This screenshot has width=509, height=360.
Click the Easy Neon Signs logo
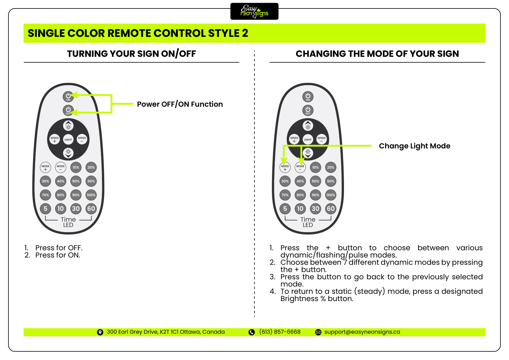[254, 11]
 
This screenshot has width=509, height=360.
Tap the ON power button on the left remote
[68, 96]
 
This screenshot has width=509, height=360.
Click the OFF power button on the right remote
[308, 110]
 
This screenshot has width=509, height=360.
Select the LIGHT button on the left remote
[68, 139]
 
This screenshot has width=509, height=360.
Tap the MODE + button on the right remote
[285, 167]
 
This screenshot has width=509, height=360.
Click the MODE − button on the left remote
[61, 167]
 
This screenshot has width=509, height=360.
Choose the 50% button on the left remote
[76, 181]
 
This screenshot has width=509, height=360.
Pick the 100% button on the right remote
[331, 195]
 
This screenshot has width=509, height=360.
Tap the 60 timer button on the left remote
[91, 209]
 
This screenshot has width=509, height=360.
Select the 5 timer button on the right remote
[285, 209]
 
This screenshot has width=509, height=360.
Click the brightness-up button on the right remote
[308, 126]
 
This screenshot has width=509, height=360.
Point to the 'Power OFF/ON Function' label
[180, 104]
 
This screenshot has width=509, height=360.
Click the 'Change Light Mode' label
[414, 146]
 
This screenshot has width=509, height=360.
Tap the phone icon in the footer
[251, 332]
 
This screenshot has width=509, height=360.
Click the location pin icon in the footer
[100, 332]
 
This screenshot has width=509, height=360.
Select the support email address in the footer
[362, 332]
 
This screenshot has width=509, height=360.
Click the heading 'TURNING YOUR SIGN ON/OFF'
[131, 54]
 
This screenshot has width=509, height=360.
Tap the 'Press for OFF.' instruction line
[59, 248]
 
